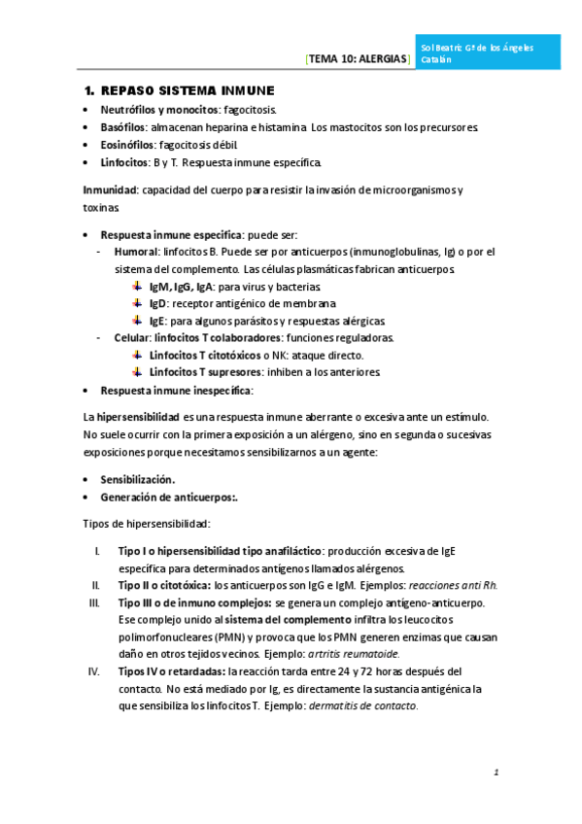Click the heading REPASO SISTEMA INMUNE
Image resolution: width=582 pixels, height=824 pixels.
(180, 90)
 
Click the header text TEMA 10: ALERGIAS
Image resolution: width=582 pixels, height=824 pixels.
(359, 59)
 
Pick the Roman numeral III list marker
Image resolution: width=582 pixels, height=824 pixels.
(94, 602)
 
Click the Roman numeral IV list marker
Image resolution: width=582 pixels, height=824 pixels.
(94, 670)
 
